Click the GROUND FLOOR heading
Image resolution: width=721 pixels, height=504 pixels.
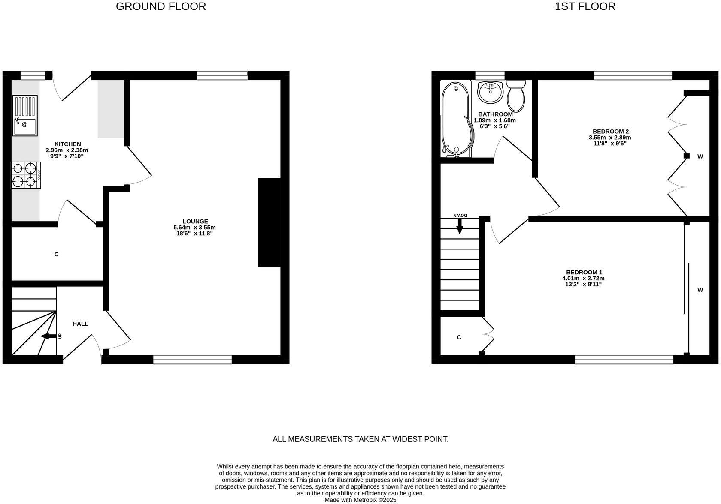click(161, 6)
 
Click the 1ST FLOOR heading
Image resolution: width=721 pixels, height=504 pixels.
click(585, 6)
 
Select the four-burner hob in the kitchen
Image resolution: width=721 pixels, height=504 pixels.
click(25, 175)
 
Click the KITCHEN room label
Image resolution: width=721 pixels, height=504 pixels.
click(67, 144)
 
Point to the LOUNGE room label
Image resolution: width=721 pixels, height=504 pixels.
click(195, 222)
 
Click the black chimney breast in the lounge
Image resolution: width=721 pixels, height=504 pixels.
click(269, 222)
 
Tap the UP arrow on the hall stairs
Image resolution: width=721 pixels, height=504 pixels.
click(48, 336)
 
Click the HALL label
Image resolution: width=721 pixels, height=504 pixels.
click(80, 324)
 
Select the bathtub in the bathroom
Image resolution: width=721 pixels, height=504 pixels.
click(456, 119)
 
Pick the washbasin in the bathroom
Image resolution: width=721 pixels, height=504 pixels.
click(490, 92)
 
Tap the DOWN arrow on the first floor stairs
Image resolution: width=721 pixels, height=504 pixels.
click(460, 225)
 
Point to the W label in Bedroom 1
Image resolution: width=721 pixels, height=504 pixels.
click(700, 290)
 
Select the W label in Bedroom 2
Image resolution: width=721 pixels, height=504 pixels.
click(700, 156)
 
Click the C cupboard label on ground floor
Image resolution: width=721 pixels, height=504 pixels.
click(56, 255)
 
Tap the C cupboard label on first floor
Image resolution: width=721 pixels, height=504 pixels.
click(459, 337)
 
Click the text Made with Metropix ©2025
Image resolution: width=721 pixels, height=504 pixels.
click(360, 500)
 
